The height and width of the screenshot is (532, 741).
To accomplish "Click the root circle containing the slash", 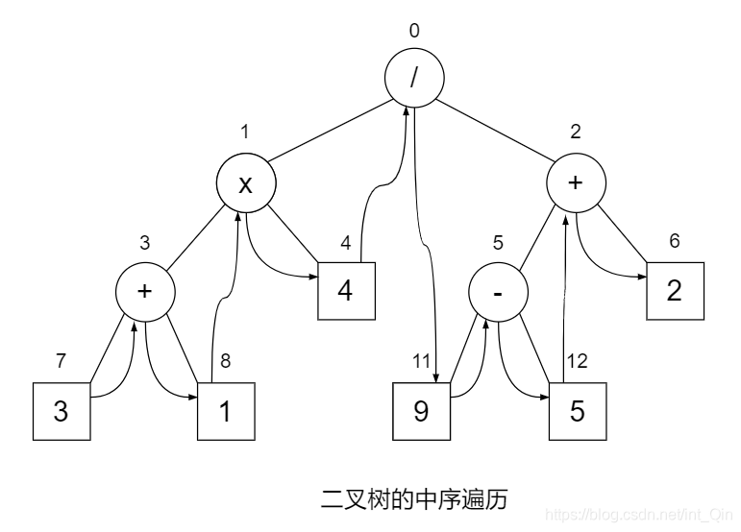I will point(415,80).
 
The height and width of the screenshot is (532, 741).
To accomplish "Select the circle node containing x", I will point(245,183).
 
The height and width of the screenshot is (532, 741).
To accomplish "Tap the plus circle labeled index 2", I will point(576,183).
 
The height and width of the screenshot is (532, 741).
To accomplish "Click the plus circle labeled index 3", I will point(145,290).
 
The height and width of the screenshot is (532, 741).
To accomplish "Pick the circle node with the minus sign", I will point(498,290).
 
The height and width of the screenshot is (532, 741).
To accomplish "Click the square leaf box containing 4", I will point(344,289).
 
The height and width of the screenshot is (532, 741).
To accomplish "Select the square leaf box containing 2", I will point(675,290).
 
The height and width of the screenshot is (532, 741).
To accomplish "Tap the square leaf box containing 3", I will point(62,411).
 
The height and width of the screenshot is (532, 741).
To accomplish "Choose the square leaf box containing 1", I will point(227,411).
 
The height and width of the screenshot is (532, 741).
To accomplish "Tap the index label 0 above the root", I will point(414,31).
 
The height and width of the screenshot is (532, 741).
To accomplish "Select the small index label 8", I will point(225,362).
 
